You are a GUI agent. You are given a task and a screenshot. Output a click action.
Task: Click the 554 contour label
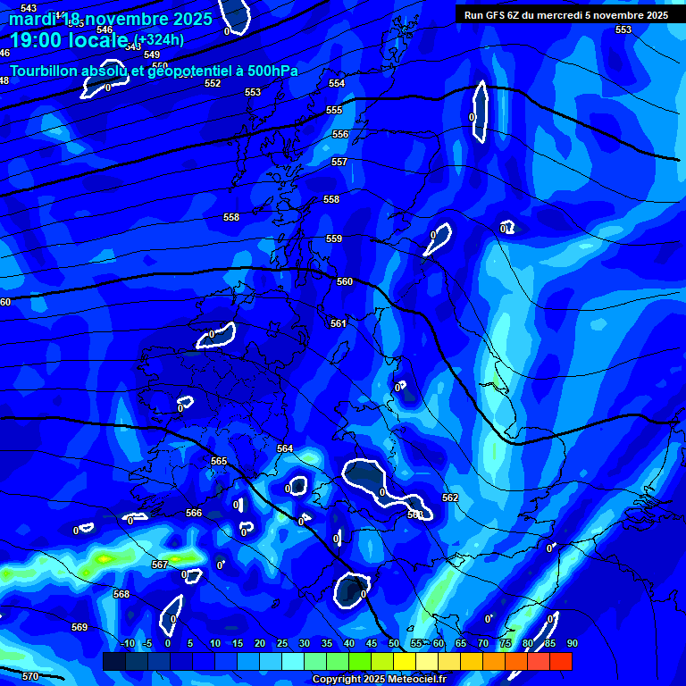(337, 83)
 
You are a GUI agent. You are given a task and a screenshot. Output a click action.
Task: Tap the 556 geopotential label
(340, 134)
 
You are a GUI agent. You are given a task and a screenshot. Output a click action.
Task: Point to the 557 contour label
(339, 162)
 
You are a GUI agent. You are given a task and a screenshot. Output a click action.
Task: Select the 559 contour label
(334, 238)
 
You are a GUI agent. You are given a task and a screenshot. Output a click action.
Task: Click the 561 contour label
(338, 323)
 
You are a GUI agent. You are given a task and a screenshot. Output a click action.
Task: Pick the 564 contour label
(285, 448)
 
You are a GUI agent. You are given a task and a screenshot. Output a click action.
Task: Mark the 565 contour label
(219, 461)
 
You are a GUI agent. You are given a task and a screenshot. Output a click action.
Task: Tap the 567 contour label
(160, 565)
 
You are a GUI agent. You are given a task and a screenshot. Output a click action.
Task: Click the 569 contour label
(79, 627)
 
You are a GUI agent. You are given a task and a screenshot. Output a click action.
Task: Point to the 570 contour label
(30, 676)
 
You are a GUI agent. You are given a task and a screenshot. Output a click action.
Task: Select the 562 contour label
(450, 498)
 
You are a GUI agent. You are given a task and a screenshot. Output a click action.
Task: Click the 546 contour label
(105, 29)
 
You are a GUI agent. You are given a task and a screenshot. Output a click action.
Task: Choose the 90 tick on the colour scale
(572, 643)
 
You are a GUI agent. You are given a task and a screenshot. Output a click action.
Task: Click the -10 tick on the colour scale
(127, 643)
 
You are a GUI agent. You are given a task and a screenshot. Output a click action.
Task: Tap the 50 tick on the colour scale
(394, 643)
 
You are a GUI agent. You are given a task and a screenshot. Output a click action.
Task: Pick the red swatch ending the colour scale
(561, 661)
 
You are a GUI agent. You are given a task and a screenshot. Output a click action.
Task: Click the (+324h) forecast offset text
(159, 39)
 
